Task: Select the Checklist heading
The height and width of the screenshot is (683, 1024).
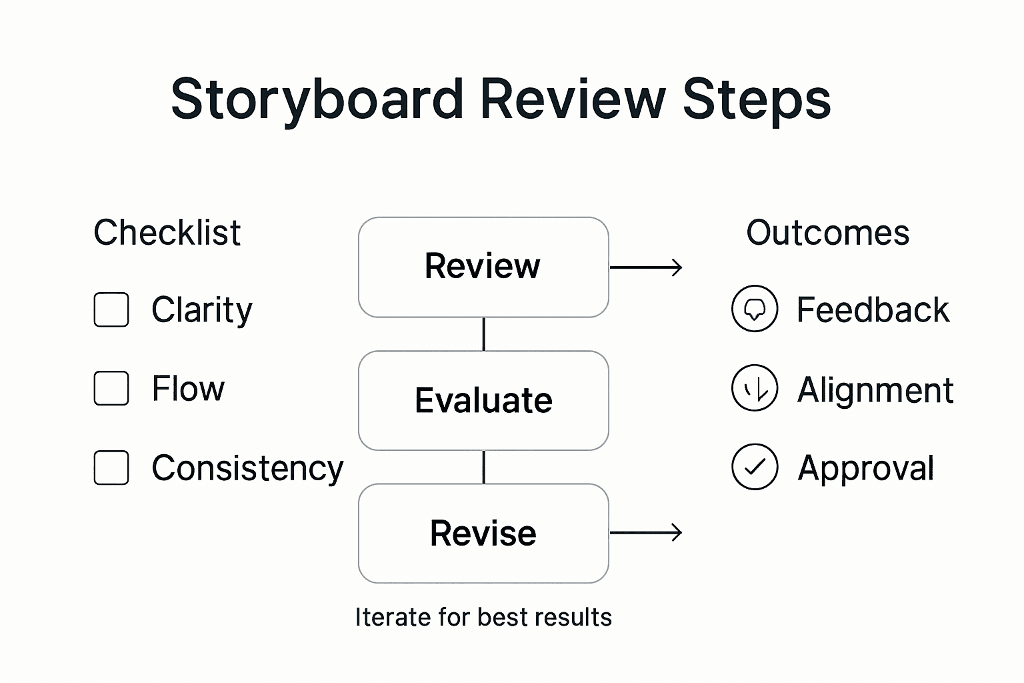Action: [167, 233]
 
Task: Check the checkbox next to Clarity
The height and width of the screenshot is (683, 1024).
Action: [111, 309]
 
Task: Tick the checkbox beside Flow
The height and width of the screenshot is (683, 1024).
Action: [111, 388]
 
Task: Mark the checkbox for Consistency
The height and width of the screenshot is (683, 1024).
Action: [111, 468]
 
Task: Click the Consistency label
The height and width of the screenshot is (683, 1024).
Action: [247, 468]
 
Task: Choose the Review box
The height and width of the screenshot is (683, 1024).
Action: [483, 267]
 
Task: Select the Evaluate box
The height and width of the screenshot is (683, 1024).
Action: [483, 400]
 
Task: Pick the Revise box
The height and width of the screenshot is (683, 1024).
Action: [483, 534]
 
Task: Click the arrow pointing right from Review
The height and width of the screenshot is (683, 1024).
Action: [646, 267]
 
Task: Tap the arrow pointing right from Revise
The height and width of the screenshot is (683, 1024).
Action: [646, 532]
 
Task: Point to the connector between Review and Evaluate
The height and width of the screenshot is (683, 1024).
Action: [483, 334]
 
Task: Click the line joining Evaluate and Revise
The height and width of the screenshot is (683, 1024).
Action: [483, 467]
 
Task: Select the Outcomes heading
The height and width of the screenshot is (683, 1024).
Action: [827, 233]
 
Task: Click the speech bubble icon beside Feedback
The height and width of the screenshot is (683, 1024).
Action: [755, 309]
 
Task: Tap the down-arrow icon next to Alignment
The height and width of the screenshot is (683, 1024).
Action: [755, 388]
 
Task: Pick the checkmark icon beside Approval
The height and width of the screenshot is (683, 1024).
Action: [755, 467]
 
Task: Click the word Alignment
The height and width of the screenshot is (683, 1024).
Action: [875, 390]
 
